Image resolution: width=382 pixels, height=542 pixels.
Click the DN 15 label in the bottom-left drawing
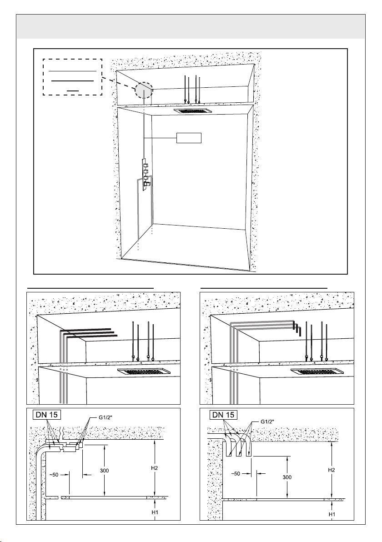[47, 414]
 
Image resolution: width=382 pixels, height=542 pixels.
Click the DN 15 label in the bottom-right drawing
[223, 414]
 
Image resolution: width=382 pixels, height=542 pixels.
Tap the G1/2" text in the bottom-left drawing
[105, 417]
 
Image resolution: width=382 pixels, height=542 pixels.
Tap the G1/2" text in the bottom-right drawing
[267, 422]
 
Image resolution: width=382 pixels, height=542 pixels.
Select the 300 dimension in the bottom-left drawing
[104, 471]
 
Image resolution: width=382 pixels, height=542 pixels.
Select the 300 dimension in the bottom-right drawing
[286, 477]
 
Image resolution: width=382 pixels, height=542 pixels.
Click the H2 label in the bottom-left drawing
[155, 468]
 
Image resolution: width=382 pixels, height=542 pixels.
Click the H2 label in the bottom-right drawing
[332, 470]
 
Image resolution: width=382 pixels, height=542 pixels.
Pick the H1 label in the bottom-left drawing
[155, 512]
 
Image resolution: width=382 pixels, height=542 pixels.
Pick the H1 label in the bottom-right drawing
[332, 514]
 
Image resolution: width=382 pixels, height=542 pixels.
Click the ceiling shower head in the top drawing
[192, 111]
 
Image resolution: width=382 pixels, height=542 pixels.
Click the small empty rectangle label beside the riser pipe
[189, 138]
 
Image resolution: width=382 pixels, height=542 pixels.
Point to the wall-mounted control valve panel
[146, 175]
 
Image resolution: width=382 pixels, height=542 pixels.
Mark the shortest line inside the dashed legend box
[73, 90]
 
